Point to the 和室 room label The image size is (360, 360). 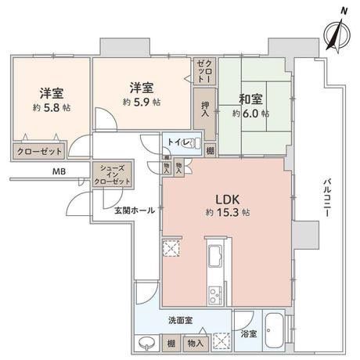[x=253, y=99]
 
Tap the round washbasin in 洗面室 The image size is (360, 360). [x=147, y=342]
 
